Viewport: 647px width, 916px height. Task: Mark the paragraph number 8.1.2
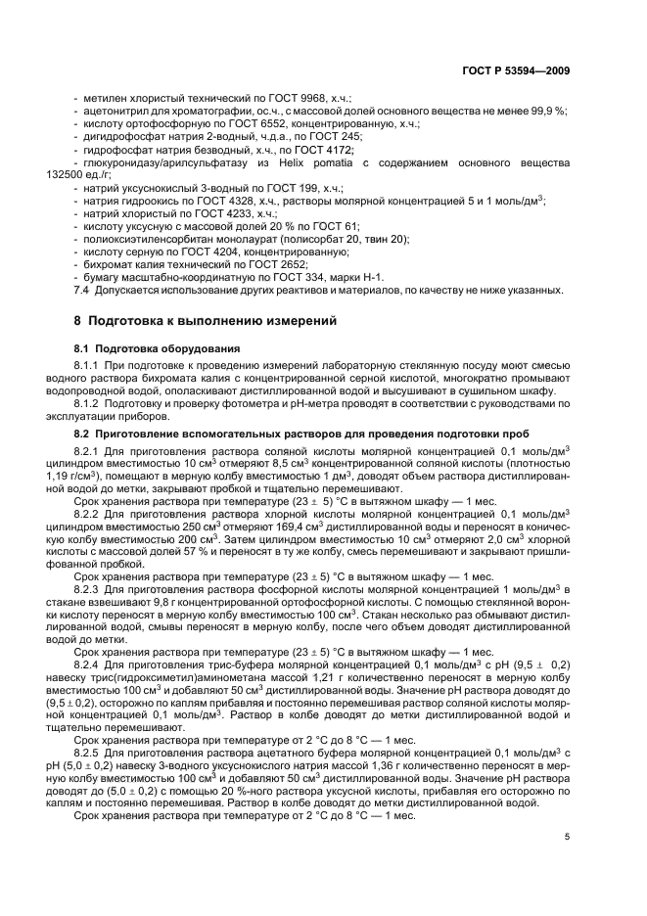click(x=91, y=402)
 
